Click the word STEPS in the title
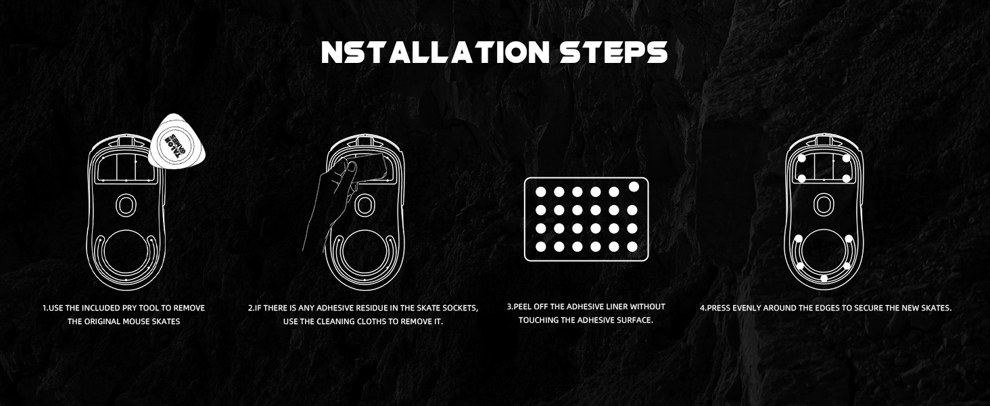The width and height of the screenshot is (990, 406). point(613,52)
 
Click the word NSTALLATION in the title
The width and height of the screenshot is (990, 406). point(435,52)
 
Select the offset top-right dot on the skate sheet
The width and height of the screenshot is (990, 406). point(634,187)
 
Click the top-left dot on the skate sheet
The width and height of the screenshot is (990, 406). point(541,192)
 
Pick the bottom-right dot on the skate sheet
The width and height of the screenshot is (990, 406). point(632,247)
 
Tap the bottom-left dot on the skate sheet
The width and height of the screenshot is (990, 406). point(541,247)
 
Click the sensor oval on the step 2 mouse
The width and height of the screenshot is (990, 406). point(364,205)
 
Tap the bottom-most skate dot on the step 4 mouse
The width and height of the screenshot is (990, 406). point(824,278)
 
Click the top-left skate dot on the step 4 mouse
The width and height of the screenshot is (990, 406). point(801,158)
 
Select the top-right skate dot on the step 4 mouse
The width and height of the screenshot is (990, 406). point(846,158)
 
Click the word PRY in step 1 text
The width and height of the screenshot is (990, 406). point(129,308)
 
